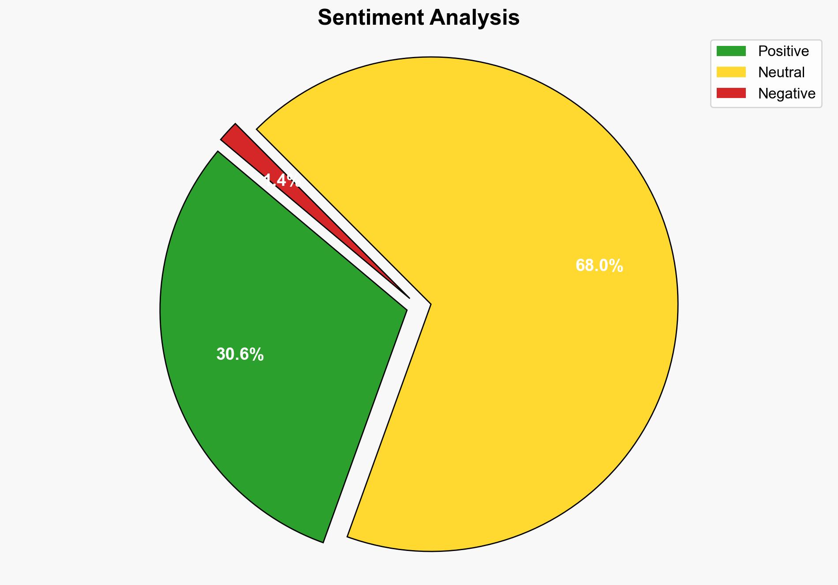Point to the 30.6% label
[x=240, y=355]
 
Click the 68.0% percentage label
[x=599, y=266]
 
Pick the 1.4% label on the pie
[x=282, y=181]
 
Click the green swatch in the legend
[x=731, y=51]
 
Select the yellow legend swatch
[x=731, y=72]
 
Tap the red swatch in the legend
[x=731, y=93]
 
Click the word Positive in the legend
[x=783, y=51]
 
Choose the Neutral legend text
[x=782, y=72]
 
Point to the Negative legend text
[x=787, y=94]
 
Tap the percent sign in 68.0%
[x=617, y=266]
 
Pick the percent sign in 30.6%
[x=257, y=355]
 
